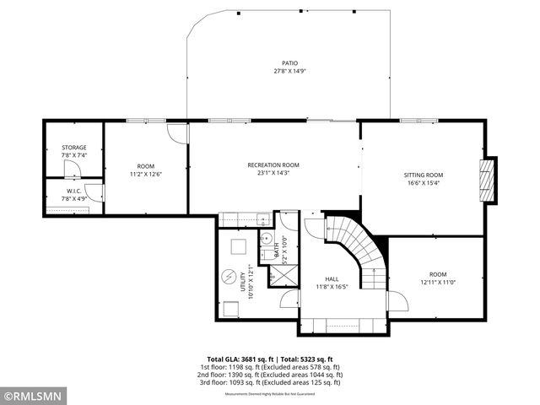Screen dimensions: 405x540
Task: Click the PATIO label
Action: pos(288,63)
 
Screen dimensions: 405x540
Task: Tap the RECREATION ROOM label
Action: pos(273,165)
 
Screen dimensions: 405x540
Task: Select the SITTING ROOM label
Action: pos(423,175)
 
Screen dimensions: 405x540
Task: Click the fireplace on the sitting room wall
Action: pos(484,178)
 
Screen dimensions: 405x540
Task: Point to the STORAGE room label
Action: pos(73,148)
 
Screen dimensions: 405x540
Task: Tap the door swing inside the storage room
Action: pos(73,170)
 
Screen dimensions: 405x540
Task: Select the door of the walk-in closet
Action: pos(94,194)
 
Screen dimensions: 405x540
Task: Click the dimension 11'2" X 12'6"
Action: pos(145,174)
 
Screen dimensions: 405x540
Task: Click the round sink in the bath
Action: pos(265,239)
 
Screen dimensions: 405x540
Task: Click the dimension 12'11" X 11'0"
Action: pos(437,283)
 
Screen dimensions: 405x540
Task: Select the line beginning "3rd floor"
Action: pos(269,382)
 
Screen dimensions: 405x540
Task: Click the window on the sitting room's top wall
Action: pos(418,121)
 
